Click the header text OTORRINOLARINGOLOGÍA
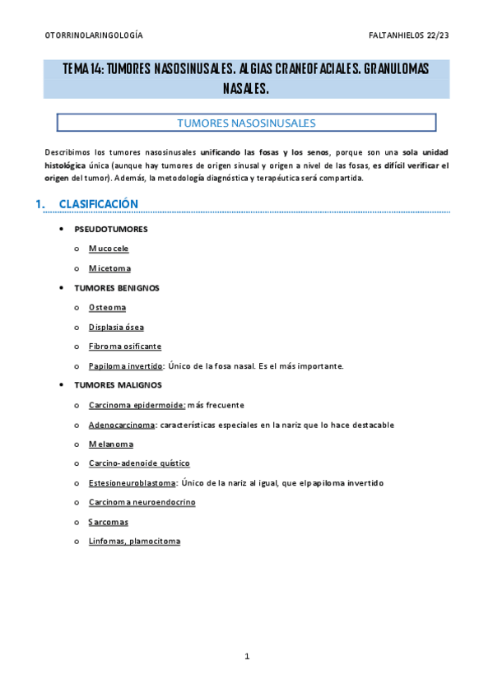click(93, 36)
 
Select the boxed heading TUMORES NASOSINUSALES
click(246, 123)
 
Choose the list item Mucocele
click(109, 248)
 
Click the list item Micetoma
click(109, 268)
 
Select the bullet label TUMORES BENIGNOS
click(117, 288)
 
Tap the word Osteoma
click(108, 307)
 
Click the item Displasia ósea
click(116, 327)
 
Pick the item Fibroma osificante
click(125, 347)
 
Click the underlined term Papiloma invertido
click(125, 365)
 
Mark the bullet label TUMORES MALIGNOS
click(118, 385)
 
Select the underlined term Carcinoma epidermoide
click(137, 405)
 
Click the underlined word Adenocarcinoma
click(123, 425)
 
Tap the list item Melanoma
click(111, 444)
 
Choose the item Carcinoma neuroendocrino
click(142, 502)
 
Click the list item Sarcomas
click(109, 522)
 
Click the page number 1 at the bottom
click(247, 656)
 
